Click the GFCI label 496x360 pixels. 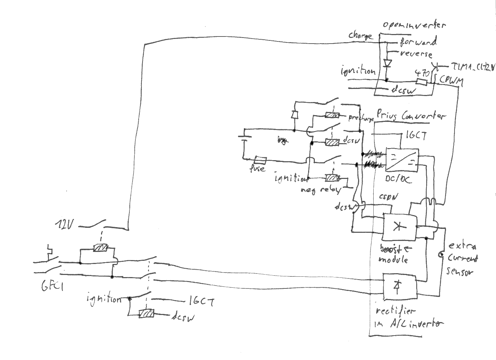tap(52, 286)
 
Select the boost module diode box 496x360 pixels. tap(399, 226)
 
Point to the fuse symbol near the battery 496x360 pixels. tap(261, 160)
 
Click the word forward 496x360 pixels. tap(418, 42)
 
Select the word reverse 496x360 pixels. tap(416, 54)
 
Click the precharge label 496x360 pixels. tap(361, 118)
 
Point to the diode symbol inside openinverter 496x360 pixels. tap(387, 63)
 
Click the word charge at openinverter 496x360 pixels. tap(360, 35)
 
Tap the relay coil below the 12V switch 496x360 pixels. tap(101, 248)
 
